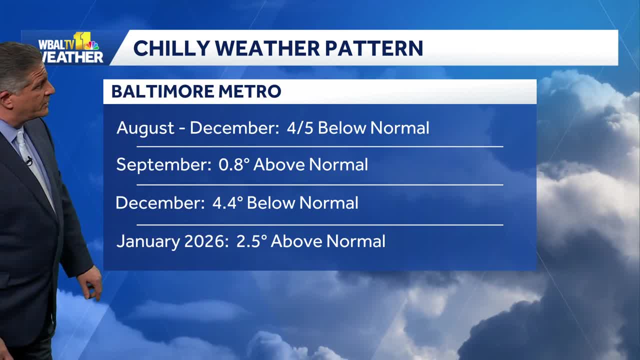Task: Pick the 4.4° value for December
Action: click(x=227, y=203)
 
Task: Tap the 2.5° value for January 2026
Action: click(x=250, y=241)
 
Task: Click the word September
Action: click(x=163, y=165)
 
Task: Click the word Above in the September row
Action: click(x=278, y=164)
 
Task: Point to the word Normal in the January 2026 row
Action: click(x=355, y=241)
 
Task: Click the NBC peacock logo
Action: click(x=92, y=45)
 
